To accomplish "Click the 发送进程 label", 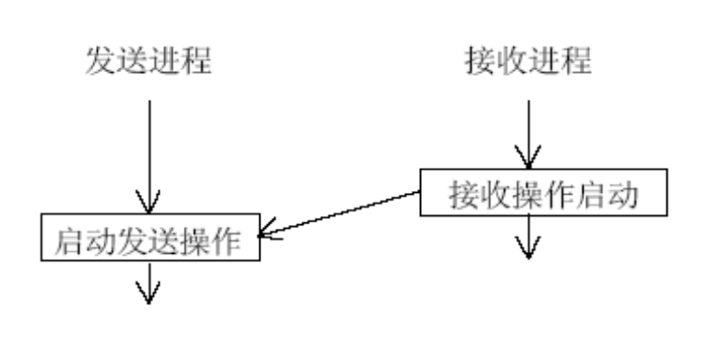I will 149,61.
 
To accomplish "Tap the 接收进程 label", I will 528,61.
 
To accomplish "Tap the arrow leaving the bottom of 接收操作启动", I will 528,236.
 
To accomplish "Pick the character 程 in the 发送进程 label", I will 197,61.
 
